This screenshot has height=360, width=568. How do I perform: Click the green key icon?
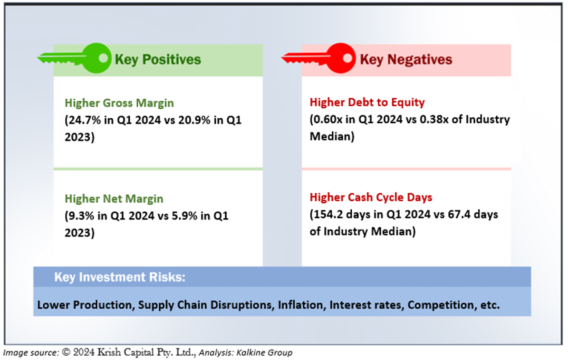pyautogui.click(x=75, y=58)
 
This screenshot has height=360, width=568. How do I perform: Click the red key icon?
pyautogui.click(x=319, y=58)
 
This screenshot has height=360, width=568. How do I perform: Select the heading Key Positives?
pyautogui.click(x=158, y=59)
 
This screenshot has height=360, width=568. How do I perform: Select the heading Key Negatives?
pyautogui.click(x=406, y=59)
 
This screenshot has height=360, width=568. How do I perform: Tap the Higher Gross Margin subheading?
pyautogui.click(x=119, y=103)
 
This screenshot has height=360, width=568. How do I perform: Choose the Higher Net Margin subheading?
pyautogui.click(x=114, y=199)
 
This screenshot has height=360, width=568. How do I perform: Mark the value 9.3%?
pyautogui.click(x=82, y=216)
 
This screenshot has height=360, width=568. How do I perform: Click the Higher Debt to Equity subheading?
pyautogui.click(x=367, y=103)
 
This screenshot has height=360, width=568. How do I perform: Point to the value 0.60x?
pyautogui.click(x=328, y=119)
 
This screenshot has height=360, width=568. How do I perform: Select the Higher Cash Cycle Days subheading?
pyautogui.click(x=371, y=197)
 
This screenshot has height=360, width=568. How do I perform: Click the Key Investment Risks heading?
pyautogui.click(x=120, y=277)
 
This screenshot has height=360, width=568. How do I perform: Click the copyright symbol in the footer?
pyautogui.click(x=66, y=352)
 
